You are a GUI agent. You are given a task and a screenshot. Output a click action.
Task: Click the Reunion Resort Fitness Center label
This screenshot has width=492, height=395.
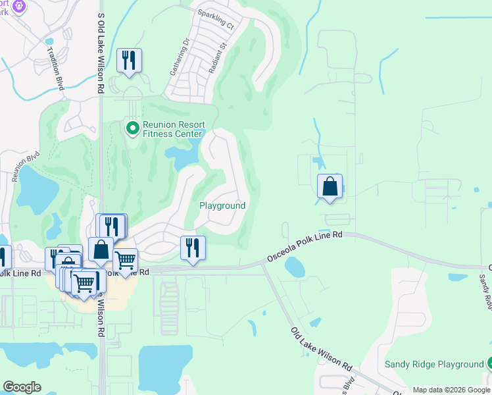coord(174,130)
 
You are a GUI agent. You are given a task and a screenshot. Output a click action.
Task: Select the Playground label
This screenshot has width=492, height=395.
coord(222,205)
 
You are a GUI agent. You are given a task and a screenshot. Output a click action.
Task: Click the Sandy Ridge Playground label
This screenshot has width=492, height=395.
coord(434,364)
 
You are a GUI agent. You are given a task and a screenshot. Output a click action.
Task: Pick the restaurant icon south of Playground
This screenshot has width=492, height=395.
coord(193,248)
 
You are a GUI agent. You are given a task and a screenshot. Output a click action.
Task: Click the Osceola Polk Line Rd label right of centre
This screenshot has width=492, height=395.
coord(305,245)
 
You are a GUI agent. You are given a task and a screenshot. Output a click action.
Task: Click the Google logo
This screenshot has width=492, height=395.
coord(22,387)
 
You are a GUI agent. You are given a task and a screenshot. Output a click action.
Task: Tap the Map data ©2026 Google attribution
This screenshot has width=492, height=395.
coord(451,390)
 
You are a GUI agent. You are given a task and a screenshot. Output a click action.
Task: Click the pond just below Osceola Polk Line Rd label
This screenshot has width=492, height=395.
coord(295,267)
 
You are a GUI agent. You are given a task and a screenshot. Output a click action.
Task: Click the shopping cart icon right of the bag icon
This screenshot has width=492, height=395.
coord(125,260)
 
